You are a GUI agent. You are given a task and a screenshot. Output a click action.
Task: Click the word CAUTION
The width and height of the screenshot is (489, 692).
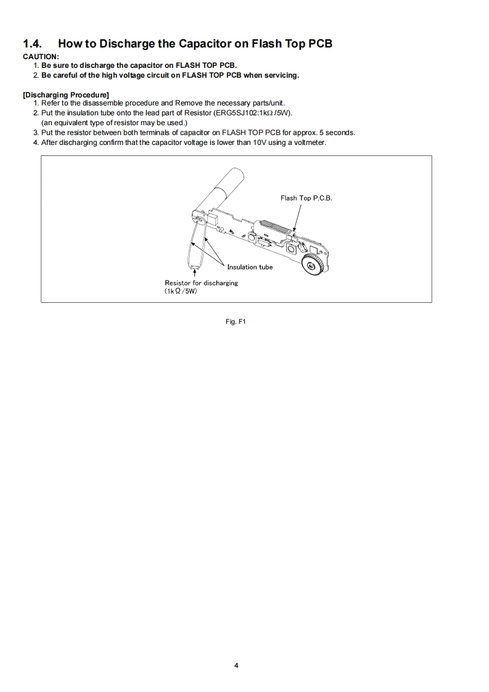(41, 57)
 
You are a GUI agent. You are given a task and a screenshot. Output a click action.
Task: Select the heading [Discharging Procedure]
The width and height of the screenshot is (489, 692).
(66, 94)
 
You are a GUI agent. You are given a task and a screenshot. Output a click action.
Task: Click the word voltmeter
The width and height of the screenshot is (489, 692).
(310, 142)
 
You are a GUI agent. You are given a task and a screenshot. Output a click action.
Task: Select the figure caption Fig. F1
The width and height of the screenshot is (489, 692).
(237, 321)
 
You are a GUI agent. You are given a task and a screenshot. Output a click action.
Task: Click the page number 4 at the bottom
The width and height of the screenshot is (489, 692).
(237, 665)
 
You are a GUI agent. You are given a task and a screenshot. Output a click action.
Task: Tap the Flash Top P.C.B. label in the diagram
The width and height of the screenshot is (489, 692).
(306, 198)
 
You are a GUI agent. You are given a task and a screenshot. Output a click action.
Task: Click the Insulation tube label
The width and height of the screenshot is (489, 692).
(250, 267)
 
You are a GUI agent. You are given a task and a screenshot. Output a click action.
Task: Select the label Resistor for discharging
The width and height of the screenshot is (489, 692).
(201, 282)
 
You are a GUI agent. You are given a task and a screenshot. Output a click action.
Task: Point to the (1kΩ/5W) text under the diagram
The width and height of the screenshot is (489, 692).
(180, 290)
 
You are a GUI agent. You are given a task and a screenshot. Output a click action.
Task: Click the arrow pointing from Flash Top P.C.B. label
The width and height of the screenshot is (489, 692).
(298, 217)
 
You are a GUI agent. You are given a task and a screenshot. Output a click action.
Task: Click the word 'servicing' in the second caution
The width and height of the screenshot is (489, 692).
(281, 75)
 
